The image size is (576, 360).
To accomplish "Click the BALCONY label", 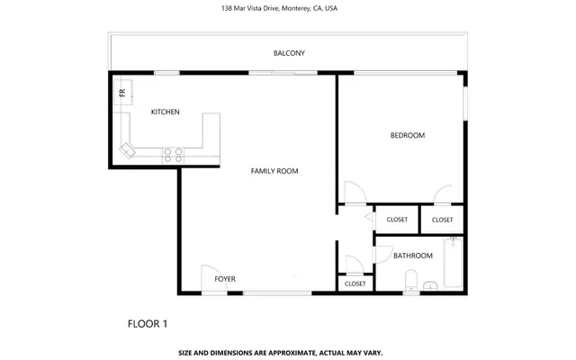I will point(289,53).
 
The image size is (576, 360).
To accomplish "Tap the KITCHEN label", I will point(165,112).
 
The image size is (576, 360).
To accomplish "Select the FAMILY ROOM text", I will point(274,171).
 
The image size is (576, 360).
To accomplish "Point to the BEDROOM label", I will point(407,135).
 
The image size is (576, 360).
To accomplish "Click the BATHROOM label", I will point(413,256).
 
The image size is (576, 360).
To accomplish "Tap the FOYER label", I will point(225,279).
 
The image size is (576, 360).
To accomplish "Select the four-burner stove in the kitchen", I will point(173,155).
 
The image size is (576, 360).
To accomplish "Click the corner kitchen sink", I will point(128,148).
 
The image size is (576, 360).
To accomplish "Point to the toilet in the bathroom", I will point(411,280).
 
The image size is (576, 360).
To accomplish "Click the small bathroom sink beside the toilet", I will point(430,286).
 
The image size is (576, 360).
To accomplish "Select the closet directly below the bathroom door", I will point(355,283).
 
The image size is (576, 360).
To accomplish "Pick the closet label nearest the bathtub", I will point(442,220).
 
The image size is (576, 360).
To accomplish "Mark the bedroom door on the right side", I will point(443,195).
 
